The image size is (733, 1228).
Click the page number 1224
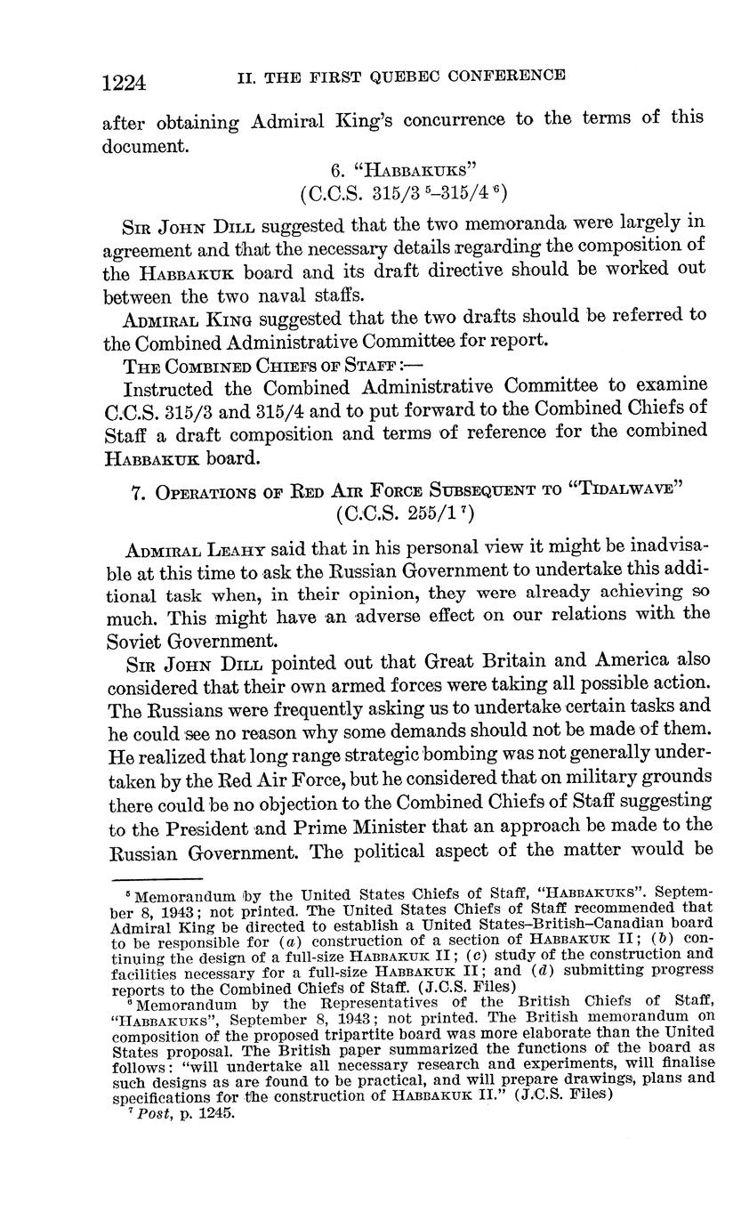click(124, 83)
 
